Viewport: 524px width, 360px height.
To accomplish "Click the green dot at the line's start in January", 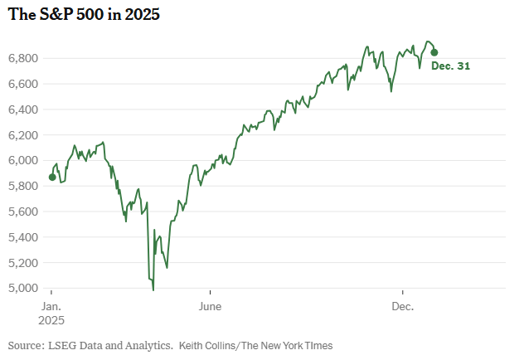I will pos(52,177).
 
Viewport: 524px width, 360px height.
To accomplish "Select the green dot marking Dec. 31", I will pos(434,52).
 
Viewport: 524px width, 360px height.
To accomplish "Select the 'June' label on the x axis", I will pos(211,305).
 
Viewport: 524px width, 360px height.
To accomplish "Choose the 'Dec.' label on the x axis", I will pos(402,305).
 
